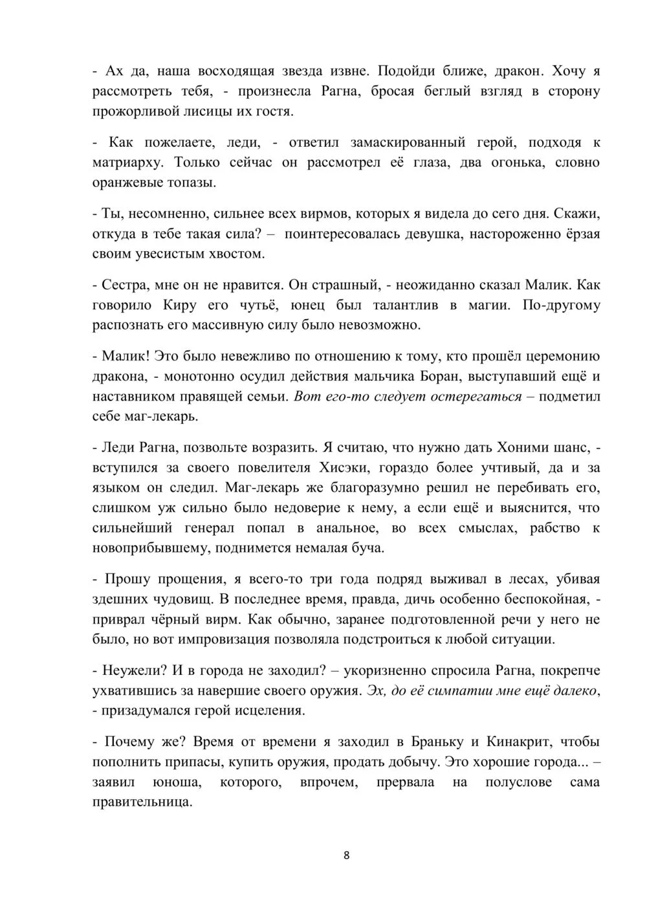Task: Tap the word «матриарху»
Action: coord(129,162)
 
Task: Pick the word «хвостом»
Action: coord(232,254)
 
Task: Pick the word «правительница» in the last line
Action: coord(142,802)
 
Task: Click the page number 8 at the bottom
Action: coord(346,855)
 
